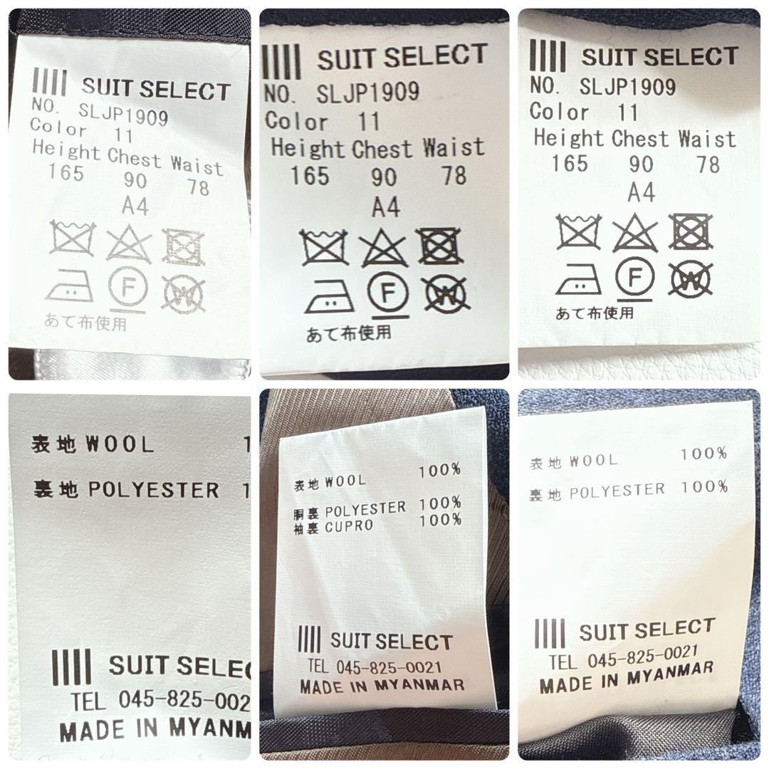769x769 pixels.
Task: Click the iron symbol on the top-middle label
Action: coord(329,295)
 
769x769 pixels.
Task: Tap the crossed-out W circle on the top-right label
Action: coord(691,279)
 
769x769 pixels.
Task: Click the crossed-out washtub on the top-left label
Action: coord(72,239)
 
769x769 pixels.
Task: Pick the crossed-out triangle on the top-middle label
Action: coord(383,249)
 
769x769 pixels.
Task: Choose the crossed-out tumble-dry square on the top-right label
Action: coord(691,232)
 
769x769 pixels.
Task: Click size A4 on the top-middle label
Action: coord(385,207)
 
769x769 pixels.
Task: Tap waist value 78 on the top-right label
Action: coord(708,164)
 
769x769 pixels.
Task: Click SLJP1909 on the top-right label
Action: coord(627,87)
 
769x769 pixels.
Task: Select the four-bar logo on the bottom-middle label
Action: coord(310,639)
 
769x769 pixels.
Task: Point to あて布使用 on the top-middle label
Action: coord(348,333)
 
